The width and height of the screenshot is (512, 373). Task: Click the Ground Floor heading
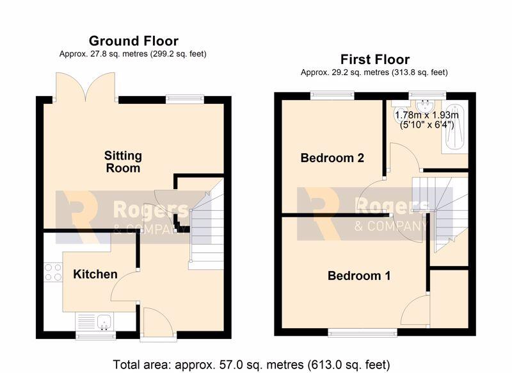(134, 41)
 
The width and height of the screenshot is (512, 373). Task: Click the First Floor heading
(375, 60)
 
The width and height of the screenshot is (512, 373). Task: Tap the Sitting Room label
(123, 162)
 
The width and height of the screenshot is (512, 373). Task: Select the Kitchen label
(95, 274)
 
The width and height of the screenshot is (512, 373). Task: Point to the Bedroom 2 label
(332, 158)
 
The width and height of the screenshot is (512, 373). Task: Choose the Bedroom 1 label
(359, 276)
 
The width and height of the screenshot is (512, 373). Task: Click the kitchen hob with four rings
(53, 272)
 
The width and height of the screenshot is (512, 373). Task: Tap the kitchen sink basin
(104, 320)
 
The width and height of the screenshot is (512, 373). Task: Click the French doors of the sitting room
(86, 87)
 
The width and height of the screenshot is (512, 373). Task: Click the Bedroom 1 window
(362, 333)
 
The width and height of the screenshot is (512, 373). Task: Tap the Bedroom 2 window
(332, 95)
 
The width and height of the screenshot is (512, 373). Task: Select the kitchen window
(95, 335)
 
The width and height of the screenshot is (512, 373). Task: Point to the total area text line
(252, 365)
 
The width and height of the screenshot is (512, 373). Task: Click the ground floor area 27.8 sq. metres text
(132, 54)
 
